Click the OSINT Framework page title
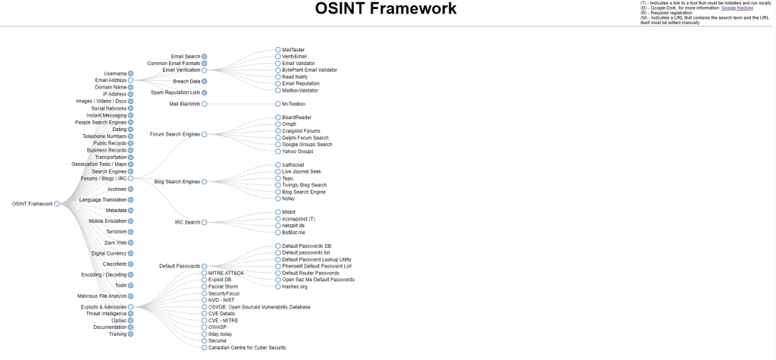pos(386,10)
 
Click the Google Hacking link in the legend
pos(737,7)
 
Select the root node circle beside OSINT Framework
pos(57,204)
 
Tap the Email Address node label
pos(111,80)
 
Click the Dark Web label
pos(115,243)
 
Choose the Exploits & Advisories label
pos(103,307)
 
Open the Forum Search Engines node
pos(175,134)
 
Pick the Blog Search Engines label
pos(177,182)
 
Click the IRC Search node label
pos(187,222)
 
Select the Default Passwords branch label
pos(179,266)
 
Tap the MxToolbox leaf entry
pos(293,104)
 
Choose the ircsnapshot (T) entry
pos(298,219)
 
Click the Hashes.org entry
pos(294,286)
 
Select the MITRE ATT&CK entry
pos(226,273)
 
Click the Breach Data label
pos(186,81)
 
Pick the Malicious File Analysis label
pos(102,296)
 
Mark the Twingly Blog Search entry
pos(304,185)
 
